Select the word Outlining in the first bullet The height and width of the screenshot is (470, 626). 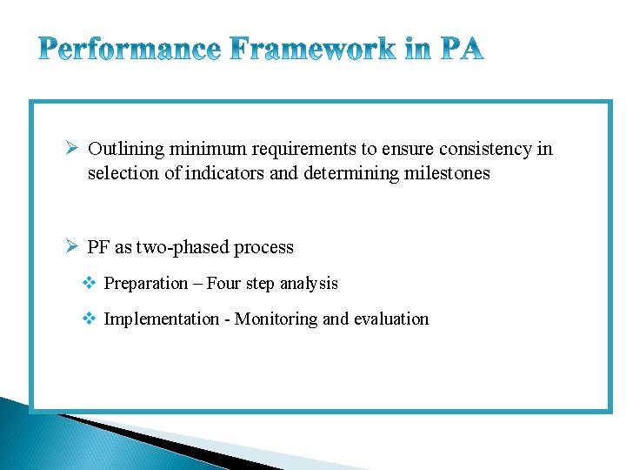click(x=126, y=149)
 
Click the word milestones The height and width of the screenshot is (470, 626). click(x=447, y=173)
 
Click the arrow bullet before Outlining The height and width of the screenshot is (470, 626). click(x=73, y=149)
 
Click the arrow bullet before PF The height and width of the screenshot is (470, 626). click(x=73, y=247)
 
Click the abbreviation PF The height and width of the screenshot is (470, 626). click(x=99, y=247)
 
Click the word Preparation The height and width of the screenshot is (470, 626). click(x=146, y=284)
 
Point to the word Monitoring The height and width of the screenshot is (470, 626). click(x=276, y=319)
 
